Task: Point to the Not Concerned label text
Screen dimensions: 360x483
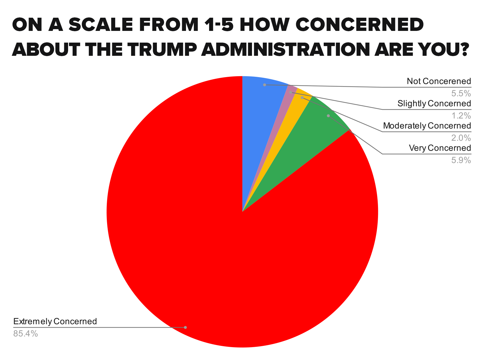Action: (x=439, y=81)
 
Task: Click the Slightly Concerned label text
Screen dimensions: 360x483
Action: (x=434, y=103)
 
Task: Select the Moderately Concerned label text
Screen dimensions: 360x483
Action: (x=427, y=126)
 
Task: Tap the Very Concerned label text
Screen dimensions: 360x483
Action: (x=440, y=148)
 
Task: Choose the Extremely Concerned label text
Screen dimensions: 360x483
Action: (x=55, y=322)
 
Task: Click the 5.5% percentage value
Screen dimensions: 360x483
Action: (x=461, y=94)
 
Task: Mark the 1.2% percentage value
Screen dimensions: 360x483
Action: (x=461, y=116)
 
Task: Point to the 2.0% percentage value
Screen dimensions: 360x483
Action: (x=461, y=138)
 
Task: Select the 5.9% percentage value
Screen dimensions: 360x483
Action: (x=461, y=160)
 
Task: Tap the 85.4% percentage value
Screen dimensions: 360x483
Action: (x=25, y=334)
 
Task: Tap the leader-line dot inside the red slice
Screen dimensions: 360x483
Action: (x=185, y=327)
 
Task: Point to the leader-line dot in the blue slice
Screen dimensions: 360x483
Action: (x=264, y=85)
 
